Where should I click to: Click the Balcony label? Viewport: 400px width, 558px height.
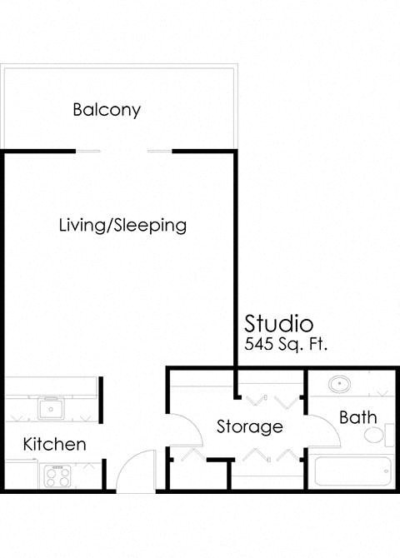pos(107,109)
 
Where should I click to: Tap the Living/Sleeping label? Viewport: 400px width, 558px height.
pos(122,225)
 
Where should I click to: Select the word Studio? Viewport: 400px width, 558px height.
pos(278,322)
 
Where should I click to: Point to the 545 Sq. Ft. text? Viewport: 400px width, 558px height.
pos(287,343)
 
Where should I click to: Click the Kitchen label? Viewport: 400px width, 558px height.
pos(54,444)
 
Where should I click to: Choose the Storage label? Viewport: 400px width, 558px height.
pos(249,426)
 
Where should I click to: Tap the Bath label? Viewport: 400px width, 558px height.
pos(358,417)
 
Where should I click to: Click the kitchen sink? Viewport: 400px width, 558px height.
pos(52,408)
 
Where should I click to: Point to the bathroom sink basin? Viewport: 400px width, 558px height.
pos(339,386)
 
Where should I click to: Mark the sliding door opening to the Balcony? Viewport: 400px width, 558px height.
pos(124,151)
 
